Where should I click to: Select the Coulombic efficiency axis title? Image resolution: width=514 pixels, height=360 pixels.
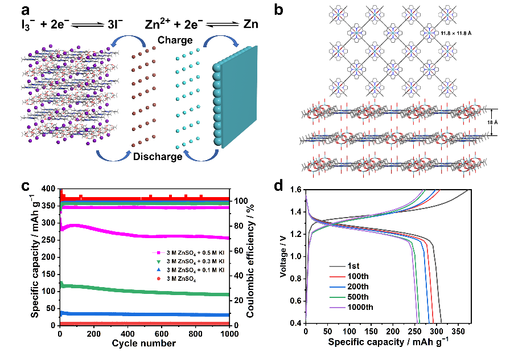pyautogui.click(x=251, y=257)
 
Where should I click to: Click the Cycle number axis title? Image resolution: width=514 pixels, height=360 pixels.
pyautogui.click(x=143, y=343)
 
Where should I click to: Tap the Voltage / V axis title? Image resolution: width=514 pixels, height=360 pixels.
pyautogui.click(x=283, y=257)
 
